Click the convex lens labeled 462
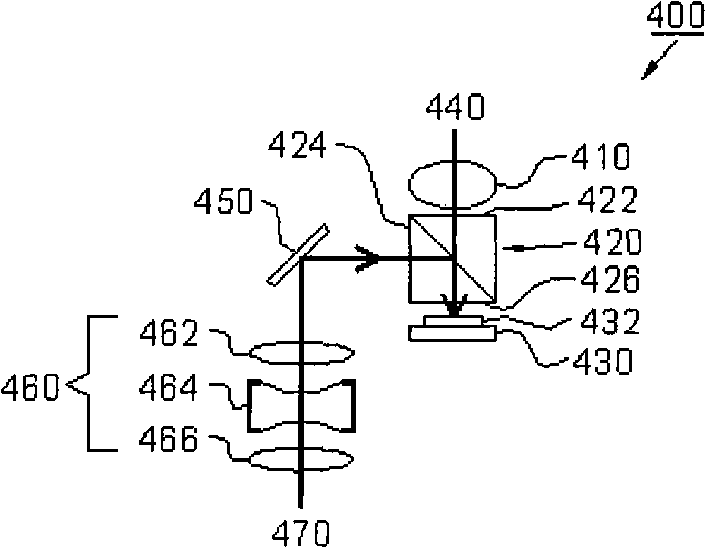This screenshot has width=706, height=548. (301, 353)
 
